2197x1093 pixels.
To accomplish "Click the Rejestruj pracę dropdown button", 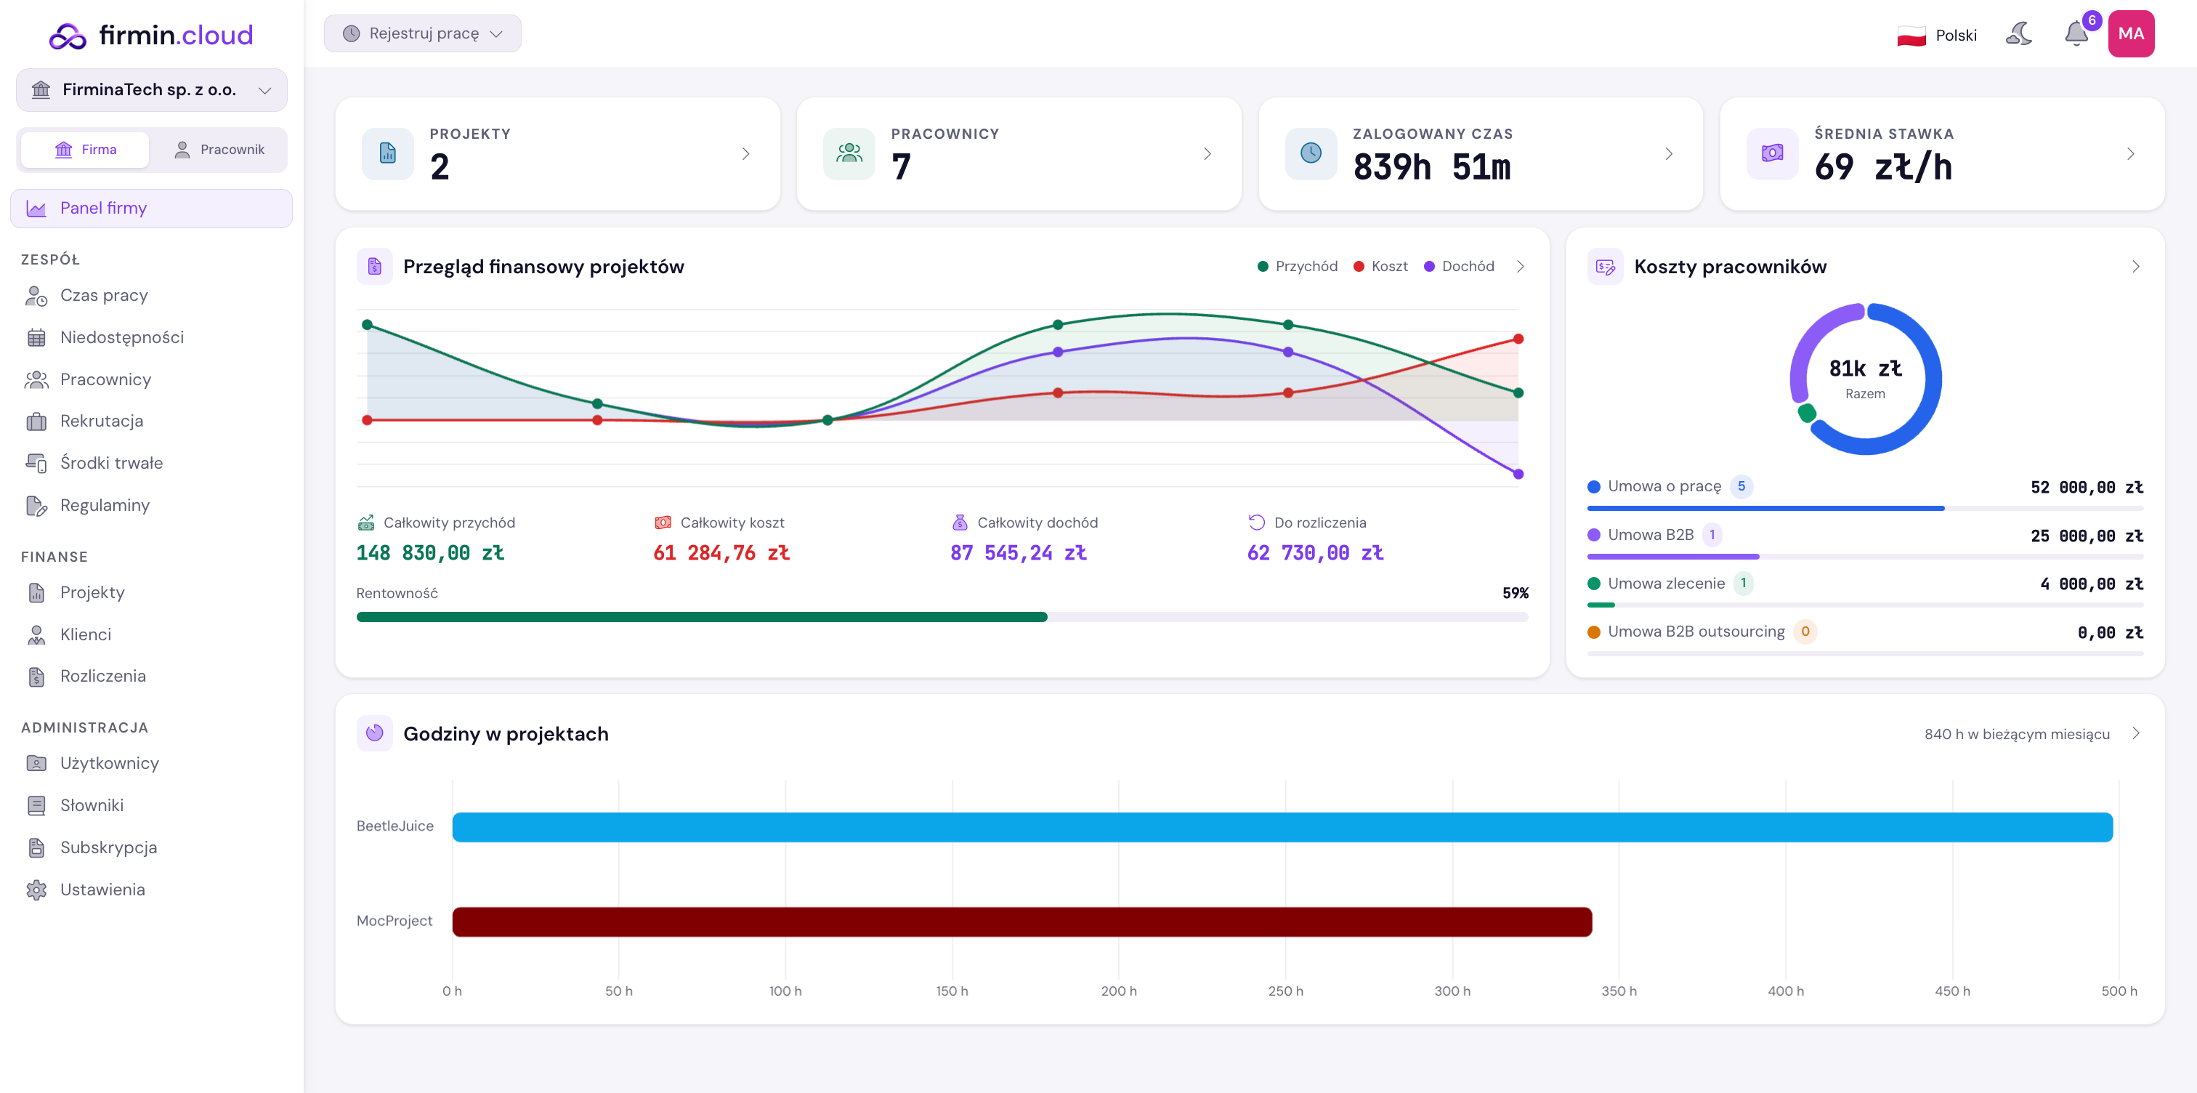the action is point(422,33).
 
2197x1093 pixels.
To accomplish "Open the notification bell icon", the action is point(2076,34).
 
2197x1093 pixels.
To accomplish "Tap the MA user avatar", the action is point(2130,34).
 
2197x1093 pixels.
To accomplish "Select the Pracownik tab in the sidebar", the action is point(219,149).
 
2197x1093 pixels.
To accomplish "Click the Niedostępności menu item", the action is point(122,337).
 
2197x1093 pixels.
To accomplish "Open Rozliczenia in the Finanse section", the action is point(102,676).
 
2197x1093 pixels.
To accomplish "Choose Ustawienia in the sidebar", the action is point(102,889).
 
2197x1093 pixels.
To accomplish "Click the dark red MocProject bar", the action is point(1021,921).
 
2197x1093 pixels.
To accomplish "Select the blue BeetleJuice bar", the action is point(1282,827).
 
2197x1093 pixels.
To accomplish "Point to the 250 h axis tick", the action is point(1285,991).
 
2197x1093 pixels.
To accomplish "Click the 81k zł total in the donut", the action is point(1865,368).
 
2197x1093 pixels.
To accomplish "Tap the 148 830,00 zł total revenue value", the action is point(430,553).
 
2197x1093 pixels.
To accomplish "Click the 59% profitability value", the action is point(1515,593).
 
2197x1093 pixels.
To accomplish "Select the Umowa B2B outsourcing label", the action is point(1696,632).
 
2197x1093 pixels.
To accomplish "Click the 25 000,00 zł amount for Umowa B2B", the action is point(2086,536).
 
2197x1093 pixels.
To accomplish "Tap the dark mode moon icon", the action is point(2019,34).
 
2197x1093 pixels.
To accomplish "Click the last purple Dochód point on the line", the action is point(1518,474).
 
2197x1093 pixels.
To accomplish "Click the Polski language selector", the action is point(1937,35).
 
